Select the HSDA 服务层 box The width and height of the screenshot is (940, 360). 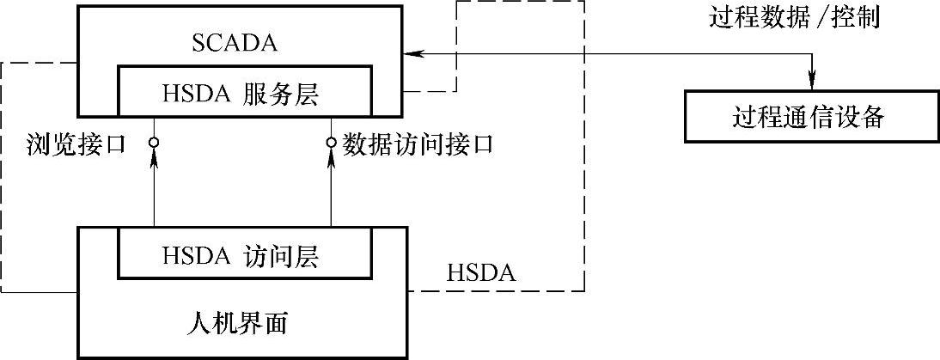(245, 91)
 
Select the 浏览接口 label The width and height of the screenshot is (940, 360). (76, 143)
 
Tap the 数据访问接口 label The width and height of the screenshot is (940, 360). (418, 143)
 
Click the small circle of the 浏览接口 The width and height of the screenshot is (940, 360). (154, 142)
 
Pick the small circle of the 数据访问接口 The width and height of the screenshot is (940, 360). (331, 142)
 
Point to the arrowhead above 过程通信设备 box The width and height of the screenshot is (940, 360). (809, 82)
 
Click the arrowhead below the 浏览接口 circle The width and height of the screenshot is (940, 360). (154, 158)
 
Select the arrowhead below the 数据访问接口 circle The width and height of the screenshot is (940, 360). (331, 158)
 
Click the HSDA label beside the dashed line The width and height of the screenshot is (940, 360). (480, 274)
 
